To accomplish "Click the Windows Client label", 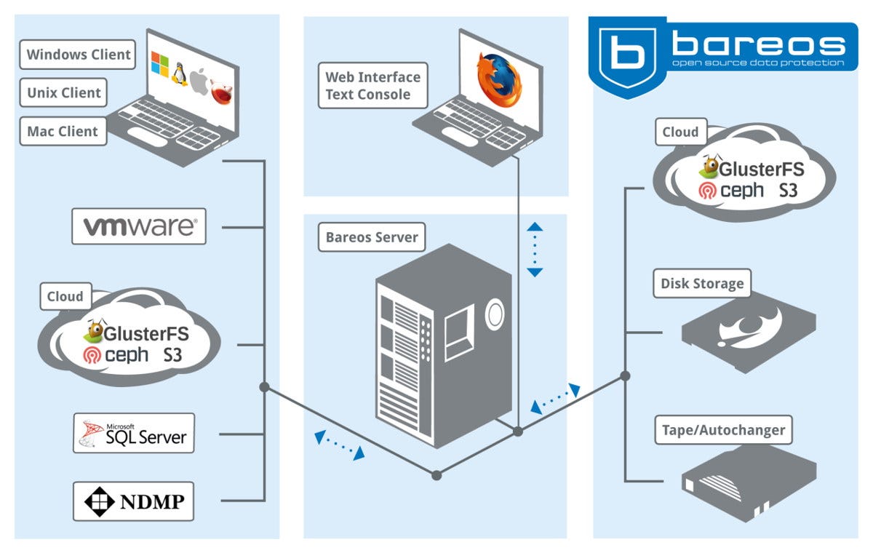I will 79,55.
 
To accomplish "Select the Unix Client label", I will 64,92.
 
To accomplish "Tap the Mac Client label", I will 63,132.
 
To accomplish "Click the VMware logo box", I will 139,226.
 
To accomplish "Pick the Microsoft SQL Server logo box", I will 134,433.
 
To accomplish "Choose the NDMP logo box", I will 133,501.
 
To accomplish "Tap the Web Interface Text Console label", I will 372,85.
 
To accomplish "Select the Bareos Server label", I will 372,237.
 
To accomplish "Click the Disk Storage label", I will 702,283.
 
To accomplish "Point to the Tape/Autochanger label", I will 723,430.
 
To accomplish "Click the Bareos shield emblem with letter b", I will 625,51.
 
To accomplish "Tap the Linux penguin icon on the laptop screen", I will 179,73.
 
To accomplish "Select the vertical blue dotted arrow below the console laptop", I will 535,250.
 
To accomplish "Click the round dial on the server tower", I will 495,313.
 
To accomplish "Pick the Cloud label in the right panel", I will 680,132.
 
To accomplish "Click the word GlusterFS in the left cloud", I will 146,334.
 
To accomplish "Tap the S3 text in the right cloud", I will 788,190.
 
